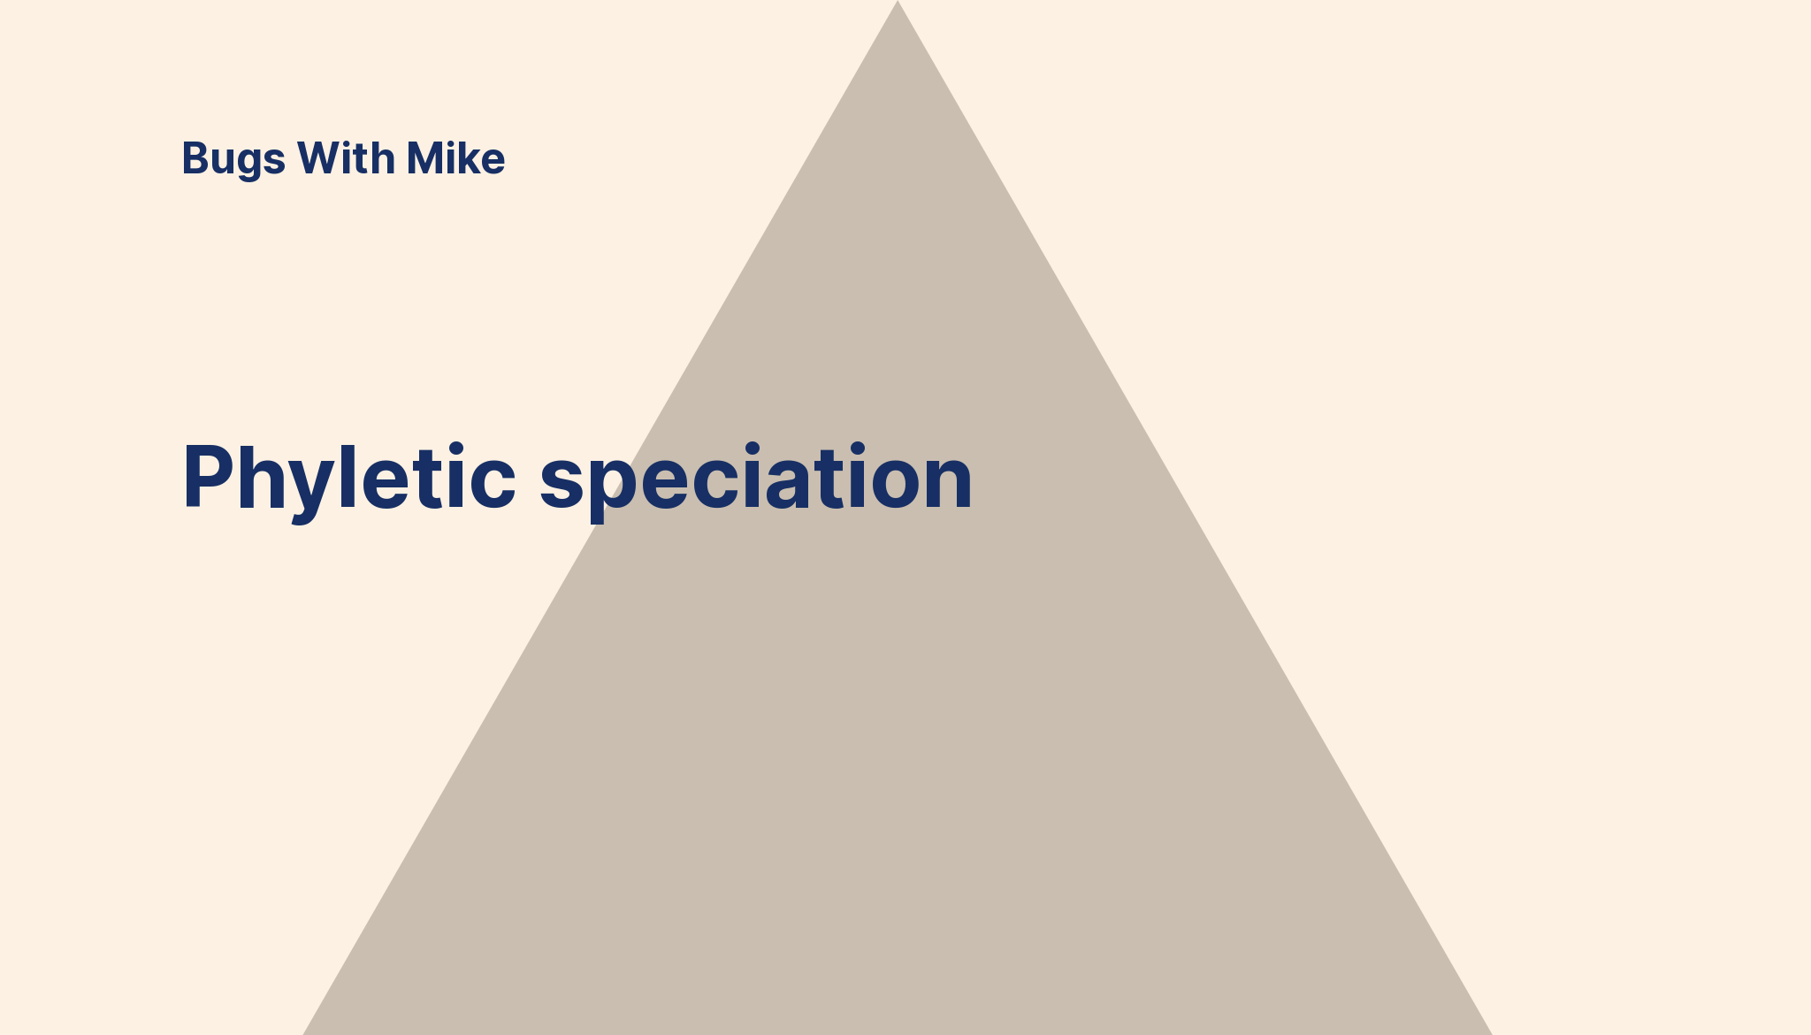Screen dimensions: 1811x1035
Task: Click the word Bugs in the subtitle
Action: coord(233,160)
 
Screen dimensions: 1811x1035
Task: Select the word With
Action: coord(346,158)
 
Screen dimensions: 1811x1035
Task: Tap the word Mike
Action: coord(455,158)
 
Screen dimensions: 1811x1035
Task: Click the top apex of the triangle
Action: coord(898,1)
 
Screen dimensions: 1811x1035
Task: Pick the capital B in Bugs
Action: coord(196,158)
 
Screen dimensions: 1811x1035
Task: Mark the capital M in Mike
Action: coord(425,158)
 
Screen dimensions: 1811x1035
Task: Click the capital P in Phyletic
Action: coord(209,477)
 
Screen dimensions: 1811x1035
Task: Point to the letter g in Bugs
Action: coord(250,165)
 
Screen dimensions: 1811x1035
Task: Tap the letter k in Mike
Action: coord(469,158)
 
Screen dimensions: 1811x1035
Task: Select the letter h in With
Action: coord(382,158)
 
